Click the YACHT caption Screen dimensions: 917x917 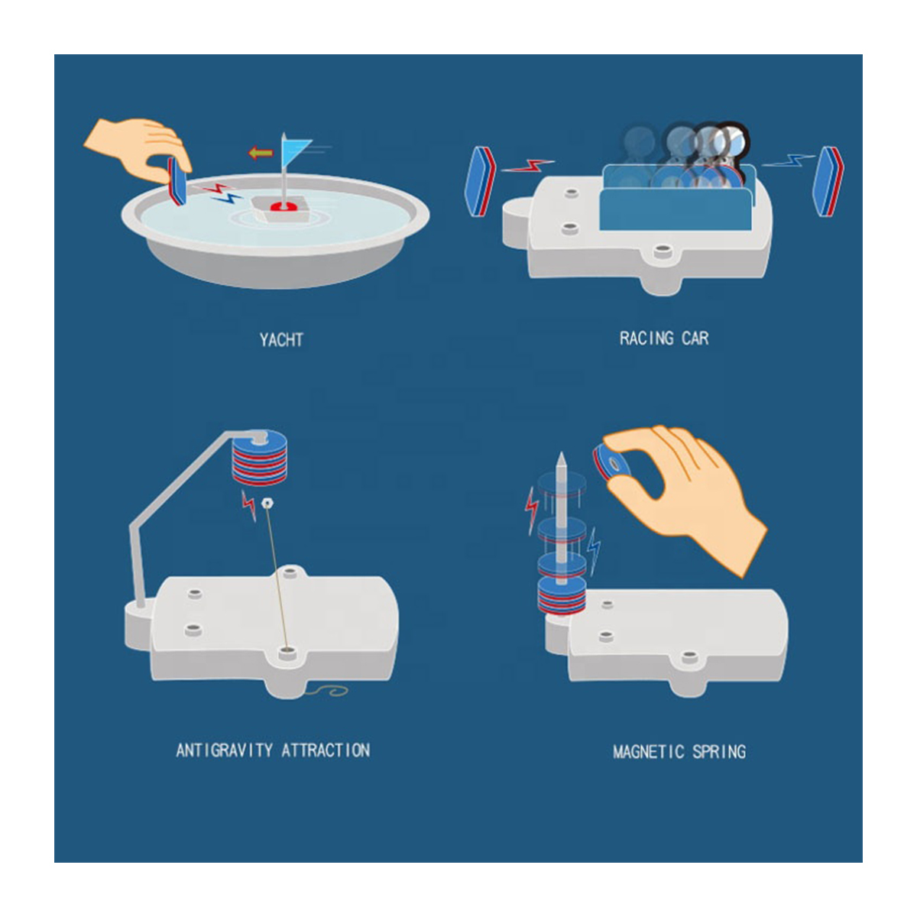281,340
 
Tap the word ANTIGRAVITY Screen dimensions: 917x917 224,750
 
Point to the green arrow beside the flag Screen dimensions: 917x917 261,153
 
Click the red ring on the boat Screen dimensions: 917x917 284,206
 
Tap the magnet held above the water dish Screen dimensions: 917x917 177,181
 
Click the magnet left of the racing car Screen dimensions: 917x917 480,181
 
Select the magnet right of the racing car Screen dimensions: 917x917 828,181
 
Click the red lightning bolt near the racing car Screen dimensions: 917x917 528,166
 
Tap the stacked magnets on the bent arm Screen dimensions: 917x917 259,457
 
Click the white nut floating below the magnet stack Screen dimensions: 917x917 267,503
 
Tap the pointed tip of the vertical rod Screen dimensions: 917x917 562,453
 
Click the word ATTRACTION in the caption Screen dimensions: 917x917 326,750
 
